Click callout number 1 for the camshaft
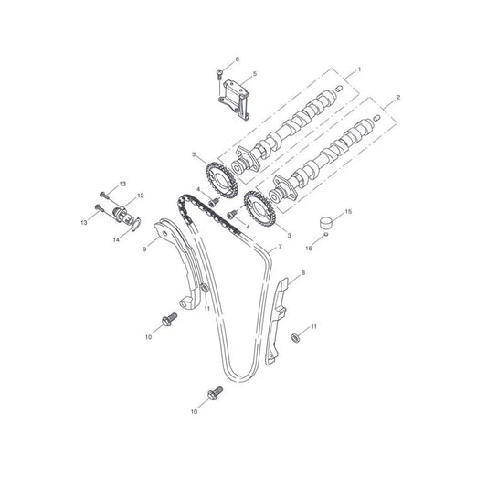pyautogui.click(x=360, y=69)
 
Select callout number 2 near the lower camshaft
pyautogui.click(x=398, y=98)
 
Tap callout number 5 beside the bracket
pyautogui.click(x=255, y=74)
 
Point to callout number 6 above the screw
pyautogui.click(x=238, y=59)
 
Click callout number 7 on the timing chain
pyautogui.click(x=280, y=247)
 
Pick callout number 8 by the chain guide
pyautogui.click(x=303, y=272)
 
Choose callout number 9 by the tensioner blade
pyautogui.click(x=144, y=249)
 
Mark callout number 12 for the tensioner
pyautogui.click(x=141, y=196)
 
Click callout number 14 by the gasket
pyautogui.click(x=116, y=239)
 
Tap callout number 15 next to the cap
pyautogui.click(x=348, y=211)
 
